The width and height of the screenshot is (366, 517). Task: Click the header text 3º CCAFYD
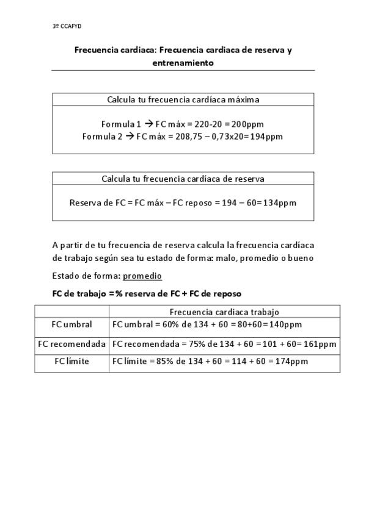click(x=67, y=27)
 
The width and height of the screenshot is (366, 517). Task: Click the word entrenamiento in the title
click(x=183, y=62)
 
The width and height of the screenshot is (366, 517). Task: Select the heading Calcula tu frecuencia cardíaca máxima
click(x=183, y=99)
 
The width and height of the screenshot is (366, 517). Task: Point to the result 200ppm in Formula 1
click(x=244, y=123)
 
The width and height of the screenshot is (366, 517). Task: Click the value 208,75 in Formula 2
click(x=188, y=137)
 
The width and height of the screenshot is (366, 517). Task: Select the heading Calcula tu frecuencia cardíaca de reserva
click(x=183, y=179)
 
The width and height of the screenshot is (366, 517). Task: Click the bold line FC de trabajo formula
click(x=147, y=293)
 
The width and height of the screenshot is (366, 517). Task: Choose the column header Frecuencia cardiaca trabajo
click(x=224, y=311)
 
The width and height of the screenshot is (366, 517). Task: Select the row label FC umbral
click(x=72, y=324)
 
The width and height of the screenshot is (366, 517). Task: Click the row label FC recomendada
click(x=72, y=344)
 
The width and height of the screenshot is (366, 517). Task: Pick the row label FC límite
click(x=72, y=362)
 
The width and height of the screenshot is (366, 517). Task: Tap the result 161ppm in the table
click(x=320, y=344)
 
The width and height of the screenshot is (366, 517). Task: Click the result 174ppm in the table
click(x=291, y=362)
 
